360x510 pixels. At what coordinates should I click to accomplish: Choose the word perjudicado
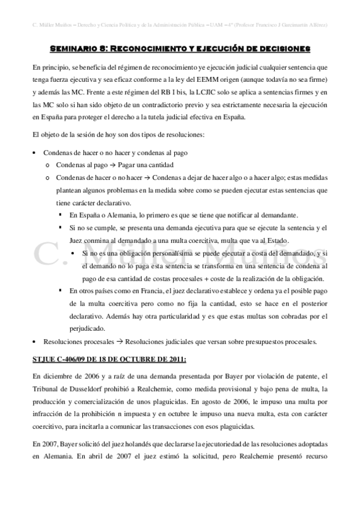(89, 329)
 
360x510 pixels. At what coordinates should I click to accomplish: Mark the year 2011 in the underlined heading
(175, 360)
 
